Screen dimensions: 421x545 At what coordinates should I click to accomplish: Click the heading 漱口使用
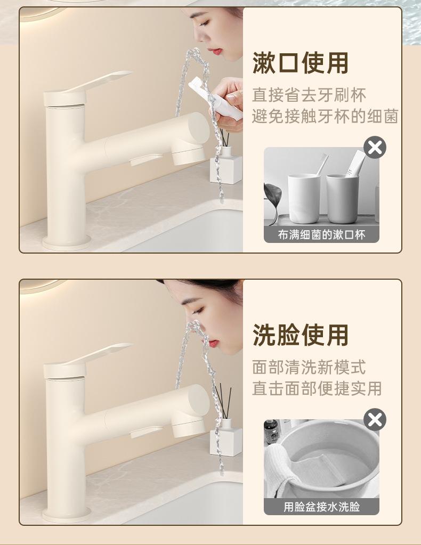click(301, 63)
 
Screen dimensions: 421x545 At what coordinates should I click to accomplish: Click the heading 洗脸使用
click(301, 335)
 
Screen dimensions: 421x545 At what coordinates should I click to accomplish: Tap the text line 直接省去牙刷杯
click(309, 95)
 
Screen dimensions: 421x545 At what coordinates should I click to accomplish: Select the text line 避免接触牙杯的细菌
click(325, 116)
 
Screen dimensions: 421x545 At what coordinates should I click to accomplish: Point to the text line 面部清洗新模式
click(309, 368)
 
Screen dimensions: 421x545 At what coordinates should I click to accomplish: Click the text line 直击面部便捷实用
click(317, 388)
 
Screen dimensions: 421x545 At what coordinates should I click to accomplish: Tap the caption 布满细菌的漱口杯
click(321, 235)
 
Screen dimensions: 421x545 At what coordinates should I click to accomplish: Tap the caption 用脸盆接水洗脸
click(321, 507)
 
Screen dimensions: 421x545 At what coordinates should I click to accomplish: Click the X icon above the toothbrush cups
click(375, 148)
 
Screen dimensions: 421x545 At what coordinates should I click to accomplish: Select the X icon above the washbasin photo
click(375, 420)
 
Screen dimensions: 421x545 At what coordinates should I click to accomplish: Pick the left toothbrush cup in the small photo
click(304, 199)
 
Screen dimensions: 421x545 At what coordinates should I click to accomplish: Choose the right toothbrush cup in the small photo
click(342, 199)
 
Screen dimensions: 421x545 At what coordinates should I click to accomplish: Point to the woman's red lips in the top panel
click(216, 52)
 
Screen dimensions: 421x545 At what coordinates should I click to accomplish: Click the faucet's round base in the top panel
click(67, 242)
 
